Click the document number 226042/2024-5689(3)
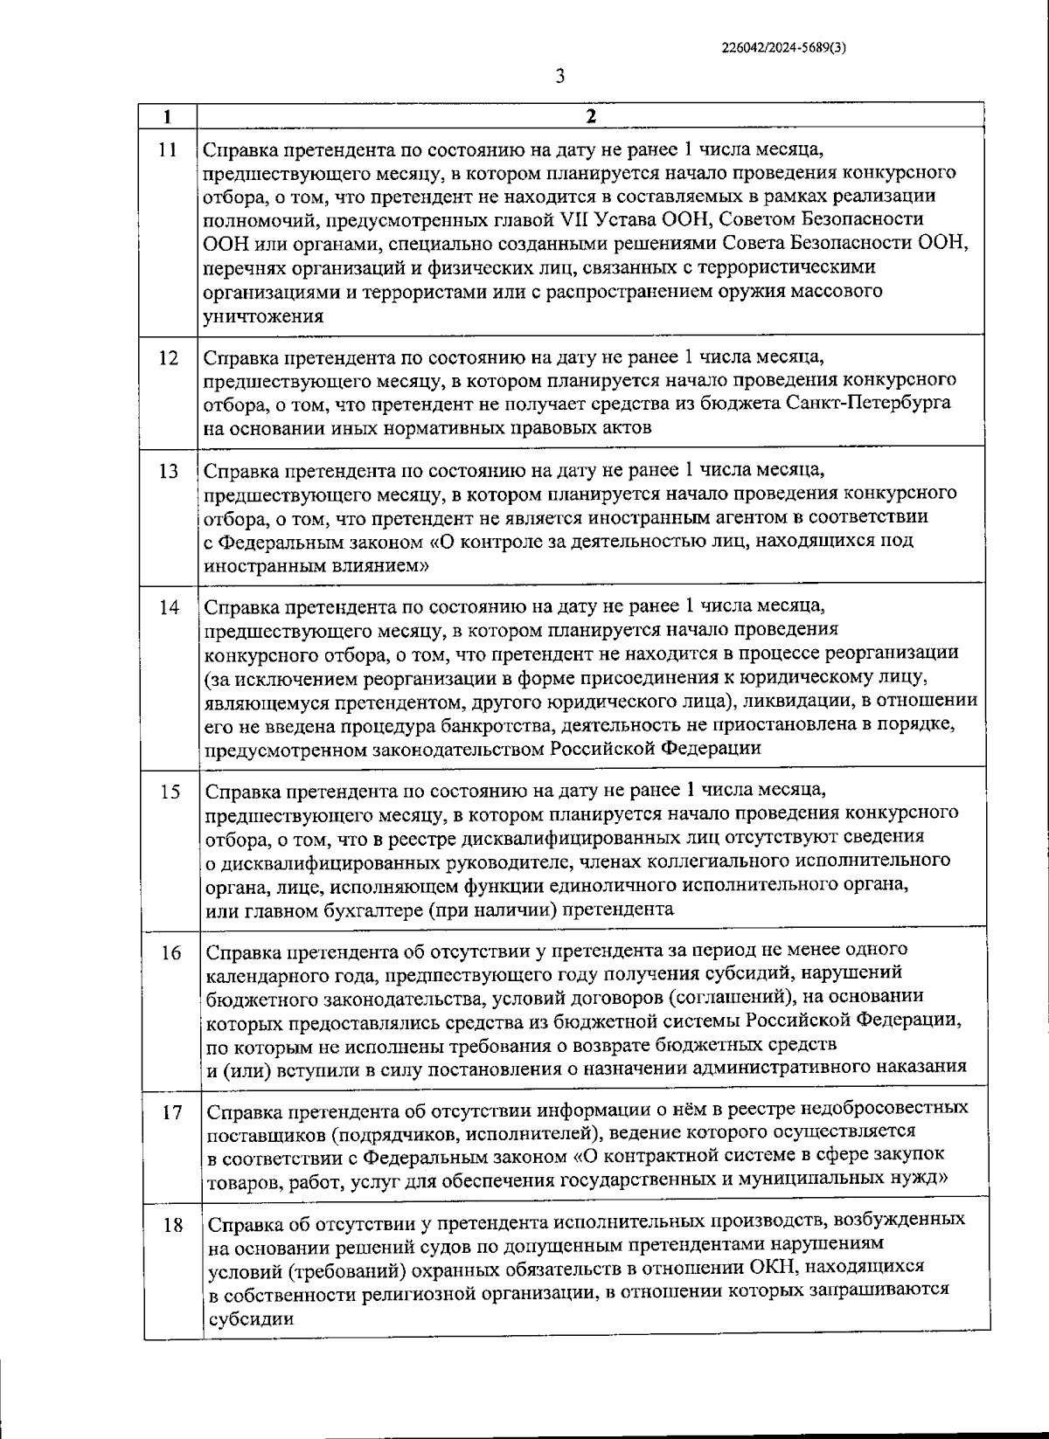[783, 49]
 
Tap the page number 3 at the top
[559, 76]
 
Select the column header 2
[591, 116]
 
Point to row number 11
[169, 149]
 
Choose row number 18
[172, 1226]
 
